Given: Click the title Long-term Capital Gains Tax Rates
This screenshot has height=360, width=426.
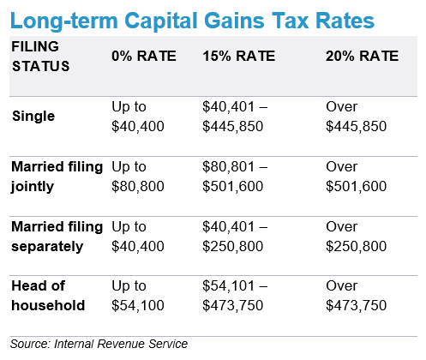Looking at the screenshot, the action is pos(192,21).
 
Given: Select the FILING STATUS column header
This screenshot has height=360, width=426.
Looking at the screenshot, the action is pos(40,57).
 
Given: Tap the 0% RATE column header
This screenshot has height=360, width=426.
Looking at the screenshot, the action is pos(144,56).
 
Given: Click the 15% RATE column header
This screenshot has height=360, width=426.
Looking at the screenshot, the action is pos(239,56).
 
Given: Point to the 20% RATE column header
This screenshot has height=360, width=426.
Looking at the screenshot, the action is pos(362,56).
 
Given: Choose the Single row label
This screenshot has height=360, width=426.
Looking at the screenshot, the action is pos(33,117).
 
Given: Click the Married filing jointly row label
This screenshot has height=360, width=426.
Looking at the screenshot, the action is pos(57,177).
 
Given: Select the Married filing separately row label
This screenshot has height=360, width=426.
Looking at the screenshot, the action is pos(57,237).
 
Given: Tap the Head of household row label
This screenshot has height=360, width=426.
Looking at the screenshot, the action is pos(48,296).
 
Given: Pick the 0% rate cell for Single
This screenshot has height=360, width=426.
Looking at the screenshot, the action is pos(138,117).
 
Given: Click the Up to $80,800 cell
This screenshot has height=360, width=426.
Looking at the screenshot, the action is pos(138,177).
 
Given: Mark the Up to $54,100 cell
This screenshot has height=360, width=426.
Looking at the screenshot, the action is pos(138,296).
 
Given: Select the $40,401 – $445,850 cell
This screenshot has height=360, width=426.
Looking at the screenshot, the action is pos(235,117).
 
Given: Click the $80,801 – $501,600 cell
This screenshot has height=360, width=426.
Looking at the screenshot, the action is pos(235,177).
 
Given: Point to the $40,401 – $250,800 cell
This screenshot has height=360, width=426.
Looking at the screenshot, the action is pos(235,237).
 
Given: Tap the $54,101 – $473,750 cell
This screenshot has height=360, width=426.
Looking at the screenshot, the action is pos(235,296).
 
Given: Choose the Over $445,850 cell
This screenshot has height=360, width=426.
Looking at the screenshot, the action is pos(356,117).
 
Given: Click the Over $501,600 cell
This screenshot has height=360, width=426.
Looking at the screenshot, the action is pos(356,177).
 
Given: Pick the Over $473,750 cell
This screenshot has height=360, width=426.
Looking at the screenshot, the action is pos(356,296).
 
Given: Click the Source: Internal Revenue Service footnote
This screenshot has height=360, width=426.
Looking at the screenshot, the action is pos(99,344).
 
